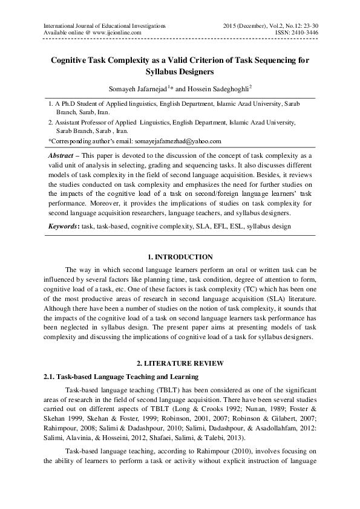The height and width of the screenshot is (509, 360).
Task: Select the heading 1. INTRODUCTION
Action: [x=180, y=258]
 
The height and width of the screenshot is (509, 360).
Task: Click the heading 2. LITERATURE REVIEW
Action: [x=180, y=363]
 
